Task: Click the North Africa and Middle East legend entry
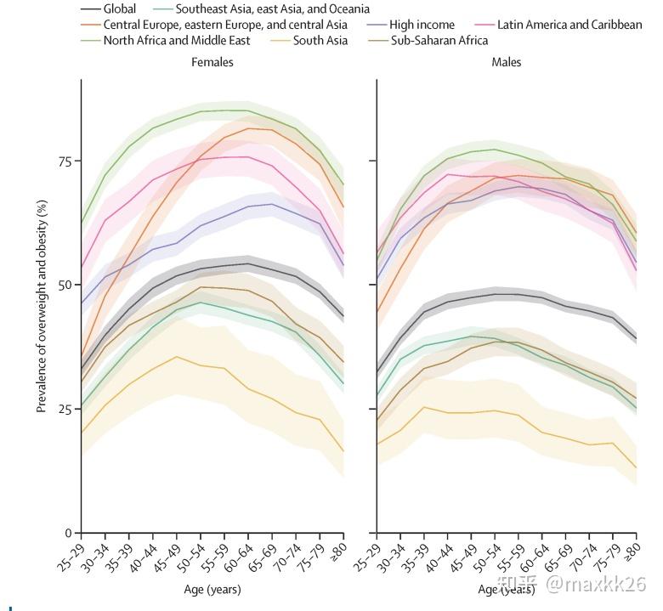pyautogui.click(x=177, y=40)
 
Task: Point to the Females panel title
pyautogui.click(x=212, y=63)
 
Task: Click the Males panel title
pyautogui.click(x=507, y=63)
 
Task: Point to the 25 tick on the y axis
pyautogui.click(x=65, y=410)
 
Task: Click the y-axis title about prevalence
pyautogui.click(x=42, y=306)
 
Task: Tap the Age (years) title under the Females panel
pyautogui.click(x=212, y=589)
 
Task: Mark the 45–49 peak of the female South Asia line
pyautogui.click(x=176, y=357)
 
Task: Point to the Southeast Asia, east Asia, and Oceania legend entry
pyautogui.click(x=273, y=9)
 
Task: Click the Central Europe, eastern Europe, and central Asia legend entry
pyautogui.click(x=225, y=25)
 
